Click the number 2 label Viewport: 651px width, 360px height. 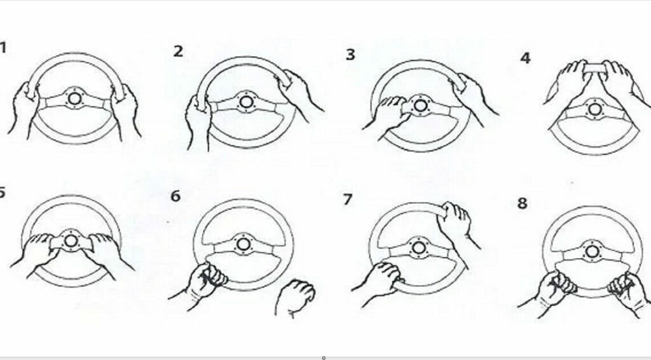(x=178, y=52)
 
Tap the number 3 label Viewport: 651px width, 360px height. (x=350, y=55)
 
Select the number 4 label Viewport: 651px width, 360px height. (x=525, y=58)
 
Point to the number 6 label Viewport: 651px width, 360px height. (x=175, y=196)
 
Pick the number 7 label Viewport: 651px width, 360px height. (x=348, y=199)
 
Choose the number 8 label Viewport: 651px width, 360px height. (x=523, y=204)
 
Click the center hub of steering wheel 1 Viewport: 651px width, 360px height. (x=75, y=99)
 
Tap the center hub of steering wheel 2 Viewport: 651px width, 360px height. (x=245, y=102)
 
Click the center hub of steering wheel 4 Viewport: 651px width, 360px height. (x=595, y=109)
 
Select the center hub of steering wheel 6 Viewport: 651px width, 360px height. (x=243, y=244)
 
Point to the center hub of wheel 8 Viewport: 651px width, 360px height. (x=592, y=252)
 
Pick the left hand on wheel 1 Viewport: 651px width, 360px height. (x=24, y=109)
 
